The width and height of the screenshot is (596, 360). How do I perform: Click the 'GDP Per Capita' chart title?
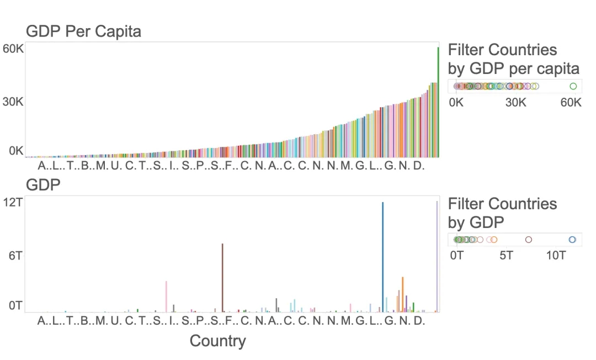click(83, 31)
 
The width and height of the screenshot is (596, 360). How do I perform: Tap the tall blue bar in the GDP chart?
click(382, 257)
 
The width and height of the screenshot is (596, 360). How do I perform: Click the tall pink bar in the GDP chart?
click(166, 296)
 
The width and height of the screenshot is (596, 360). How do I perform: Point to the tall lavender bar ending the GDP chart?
click(437, 256)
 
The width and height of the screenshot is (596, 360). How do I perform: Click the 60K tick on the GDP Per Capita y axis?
click(13, 49)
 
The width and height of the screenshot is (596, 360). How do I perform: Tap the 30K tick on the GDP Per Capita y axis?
click(13, 102)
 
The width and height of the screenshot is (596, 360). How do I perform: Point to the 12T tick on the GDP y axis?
click(14, 203)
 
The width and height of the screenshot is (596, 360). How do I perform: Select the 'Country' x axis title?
click(217, 341)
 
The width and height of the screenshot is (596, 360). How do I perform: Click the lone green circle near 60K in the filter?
click(573, 86)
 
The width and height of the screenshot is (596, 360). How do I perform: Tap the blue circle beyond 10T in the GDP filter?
click(572, 240)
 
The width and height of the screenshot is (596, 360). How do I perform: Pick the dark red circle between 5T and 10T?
click(529, 240)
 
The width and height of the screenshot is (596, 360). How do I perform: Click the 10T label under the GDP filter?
click(557, 256)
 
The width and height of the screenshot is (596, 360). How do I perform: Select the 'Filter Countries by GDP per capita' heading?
click(513, 59)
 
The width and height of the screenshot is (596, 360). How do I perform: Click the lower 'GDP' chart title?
click(43, 186)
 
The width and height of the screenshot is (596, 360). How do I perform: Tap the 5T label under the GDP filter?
click(506, 256)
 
